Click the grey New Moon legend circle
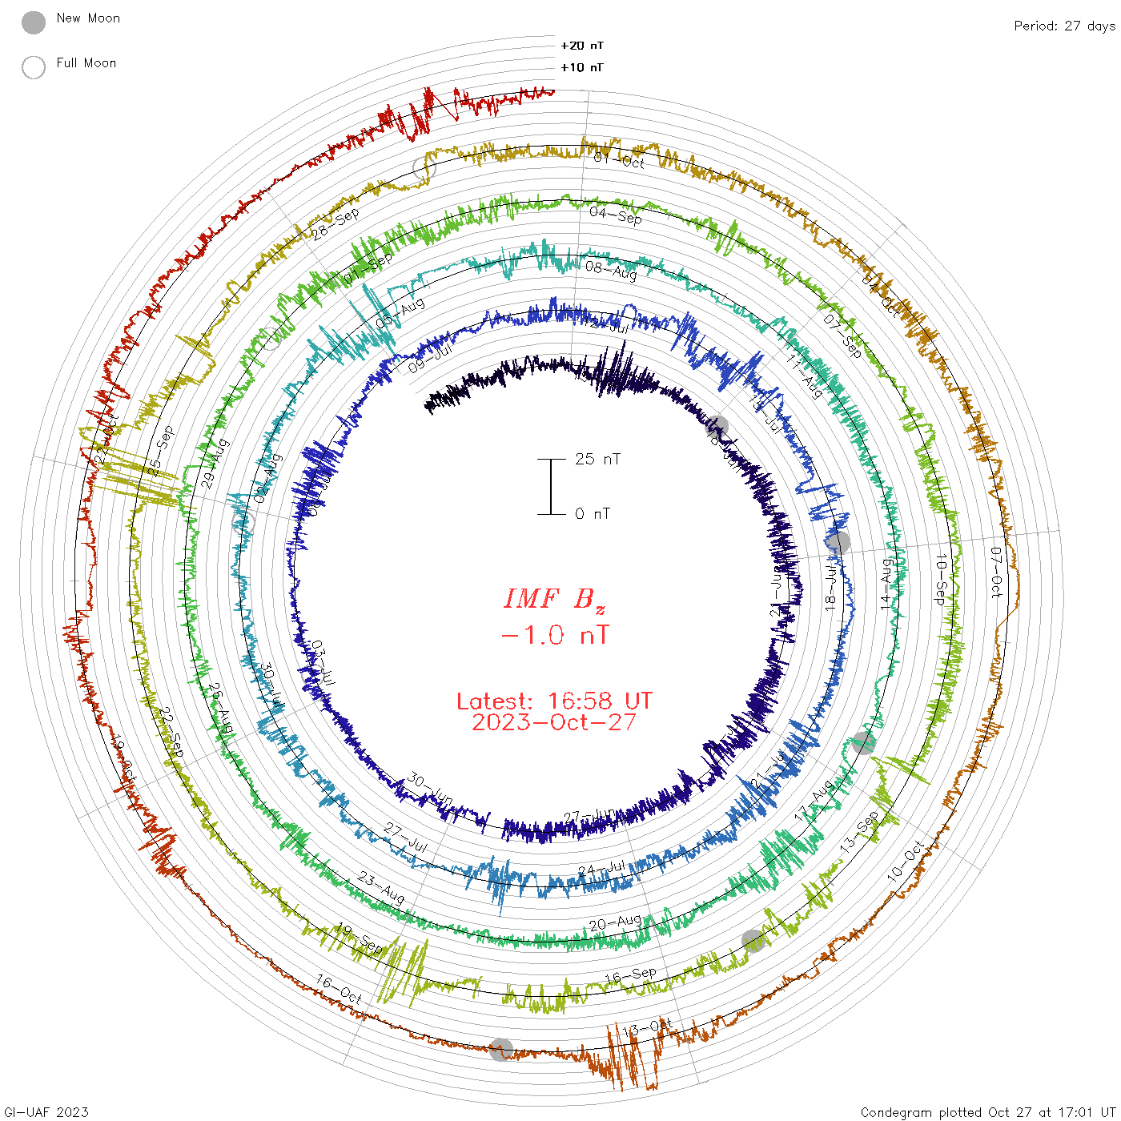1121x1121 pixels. tap(34, 22)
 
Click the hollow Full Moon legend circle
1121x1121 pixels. tap(34, 67)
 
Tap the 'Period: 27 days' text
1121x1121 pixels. tap(1064, 26)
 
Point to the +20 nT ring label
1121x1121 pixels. tap(581, 46)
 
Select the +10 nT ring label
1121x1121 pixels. tap(581, 67)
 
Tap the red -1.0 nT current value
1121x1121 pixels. tap(554, 636)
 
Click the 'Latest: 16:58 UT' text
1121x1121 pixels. tap(554, 701)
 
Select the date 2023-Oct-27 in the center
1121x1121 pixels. tap(554, 722)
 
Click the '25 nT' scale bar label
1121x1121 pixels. tap(597, 459)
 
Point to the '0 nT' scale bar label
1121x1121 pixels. tap(593, 513)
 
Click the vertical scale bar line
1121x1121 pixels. tap(551, 486)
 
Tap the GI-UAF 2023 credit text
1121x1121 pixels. tap(46, 1112)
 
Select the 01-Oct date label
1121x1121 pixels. tap(619, 160)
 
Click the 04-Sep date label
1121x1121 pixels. tap(616, 215)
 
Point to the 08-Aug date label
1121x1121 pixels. tap(611, 271)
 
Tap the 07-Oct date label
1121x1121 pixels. tap(996, 573)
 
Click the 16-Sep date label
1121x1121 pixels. tap(630, 976)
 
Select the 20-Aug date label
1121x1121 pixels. tap(615, 923)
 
